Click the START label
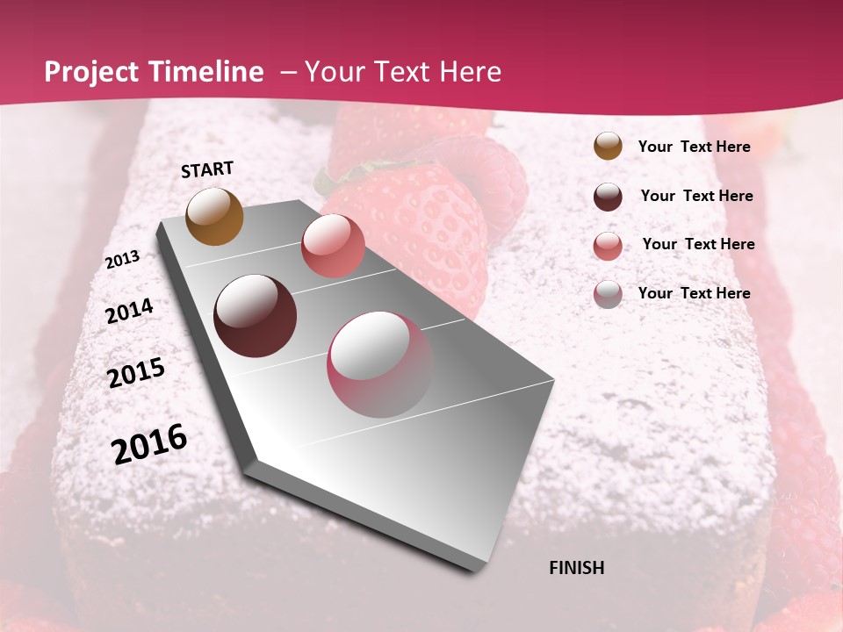point(207,169)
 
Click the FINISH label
point(576,568)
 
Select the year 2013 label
point(122,260)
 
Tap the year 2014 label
point(129,312)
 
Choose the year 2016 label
point(149,444)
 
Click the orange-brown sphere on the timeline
point(214,216)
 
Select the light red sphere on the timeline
point(332,245)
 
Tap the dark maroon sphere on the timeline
point(255,316)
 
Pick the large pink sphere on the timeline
point(379,364)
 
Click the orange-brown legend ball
point(608,147)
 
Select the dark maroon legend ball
point(608,197)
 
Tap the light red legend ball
point(608,246)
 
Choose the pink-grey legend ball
point(608,294)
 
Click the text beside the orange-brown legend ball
point(694,147)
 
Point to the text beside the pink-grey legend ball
point(694,293)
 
